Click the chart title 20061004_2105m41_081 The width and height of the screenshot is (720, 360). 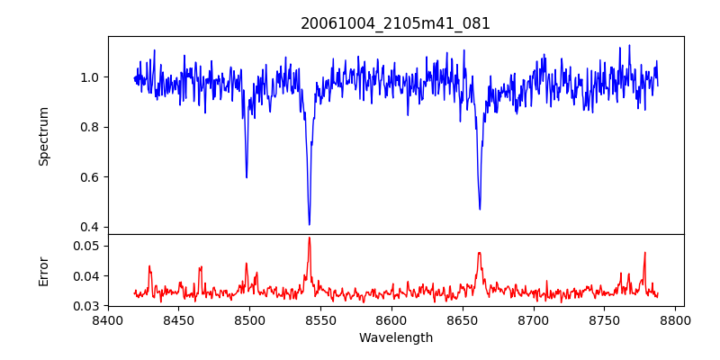[395, 23]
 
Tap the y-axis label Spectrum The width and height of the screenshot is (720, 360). [43, 136]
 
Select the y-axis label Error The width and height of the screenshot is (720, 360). [43, 270]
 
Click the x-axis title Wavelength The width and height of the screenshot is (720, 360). [395, 338]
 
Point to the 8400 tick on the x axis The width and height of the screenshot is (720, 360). [108, 319]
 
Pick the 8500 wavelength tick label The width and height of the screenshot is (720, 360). [249, 319]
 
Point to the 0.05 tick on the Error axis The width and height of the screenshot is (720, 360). [87, 246]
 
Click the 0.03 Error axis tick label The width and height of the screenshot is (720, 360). [87, 306]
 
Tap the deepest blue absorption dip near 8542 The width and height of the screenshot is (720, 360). [309, 223]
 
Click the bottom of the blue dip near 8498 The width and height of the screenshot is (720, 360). [247, 176]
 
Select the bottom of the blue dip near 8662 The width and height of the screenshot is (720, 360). [480, 209]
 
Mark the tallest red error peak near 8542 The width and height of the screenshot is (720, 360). [309, 238]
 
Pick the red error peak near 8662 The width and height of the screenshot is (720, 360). [480, 253]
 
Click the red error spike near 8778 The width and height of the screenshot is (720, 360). [644, 253]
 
